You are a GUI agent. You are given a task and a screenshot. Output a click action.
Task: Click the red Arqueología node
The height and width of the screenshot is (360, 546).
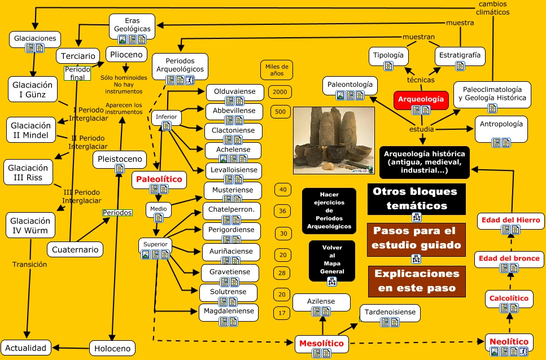(421, 100)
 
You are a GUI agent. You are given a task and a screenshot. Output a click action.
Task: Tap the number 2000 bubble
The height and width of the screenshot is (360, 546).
(280, 92)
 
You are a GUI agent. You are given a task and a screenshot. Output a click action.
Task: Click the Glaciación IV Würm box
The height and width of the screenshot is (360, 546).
(30, 225)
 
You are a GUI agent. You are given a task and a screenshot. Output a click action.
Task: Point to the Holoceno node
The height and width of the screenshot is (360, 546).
(112, 348)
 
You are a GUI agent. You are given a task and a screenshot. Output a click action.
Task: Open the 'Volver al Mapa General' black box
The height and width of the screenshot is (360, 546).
(332, 261)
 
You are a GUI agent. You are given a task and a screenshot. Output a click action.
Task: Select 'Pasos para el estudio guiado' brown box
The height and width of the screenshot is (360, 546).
(417, 240)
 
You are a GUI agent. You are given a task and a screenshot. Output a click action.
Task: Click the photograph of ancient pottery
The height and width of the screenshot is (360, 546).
(334, 140)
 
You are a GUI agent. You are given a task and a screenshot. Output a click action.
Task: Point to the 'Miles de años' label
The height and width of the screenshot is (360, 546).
(277, 70)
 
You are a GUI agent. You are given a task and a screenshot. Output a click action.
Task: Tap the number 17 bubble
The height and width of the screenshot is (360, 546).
(282, 313)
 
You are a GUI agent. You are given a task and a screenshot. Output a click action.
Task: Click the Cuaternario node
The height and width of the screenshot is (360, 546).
(75, 249)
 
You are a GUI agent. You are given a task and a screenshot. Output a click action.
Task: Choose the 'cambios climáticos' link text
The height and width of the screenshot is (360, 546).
(493, 8)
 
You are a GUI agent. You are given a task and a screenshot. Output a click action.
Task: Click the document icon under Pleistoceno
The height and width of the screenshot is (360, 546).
(120, 169)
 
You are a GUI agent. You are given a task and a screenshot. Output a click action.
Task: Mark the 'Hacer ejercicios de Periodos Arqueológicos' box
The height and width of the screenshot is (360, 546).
(329, 211)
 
